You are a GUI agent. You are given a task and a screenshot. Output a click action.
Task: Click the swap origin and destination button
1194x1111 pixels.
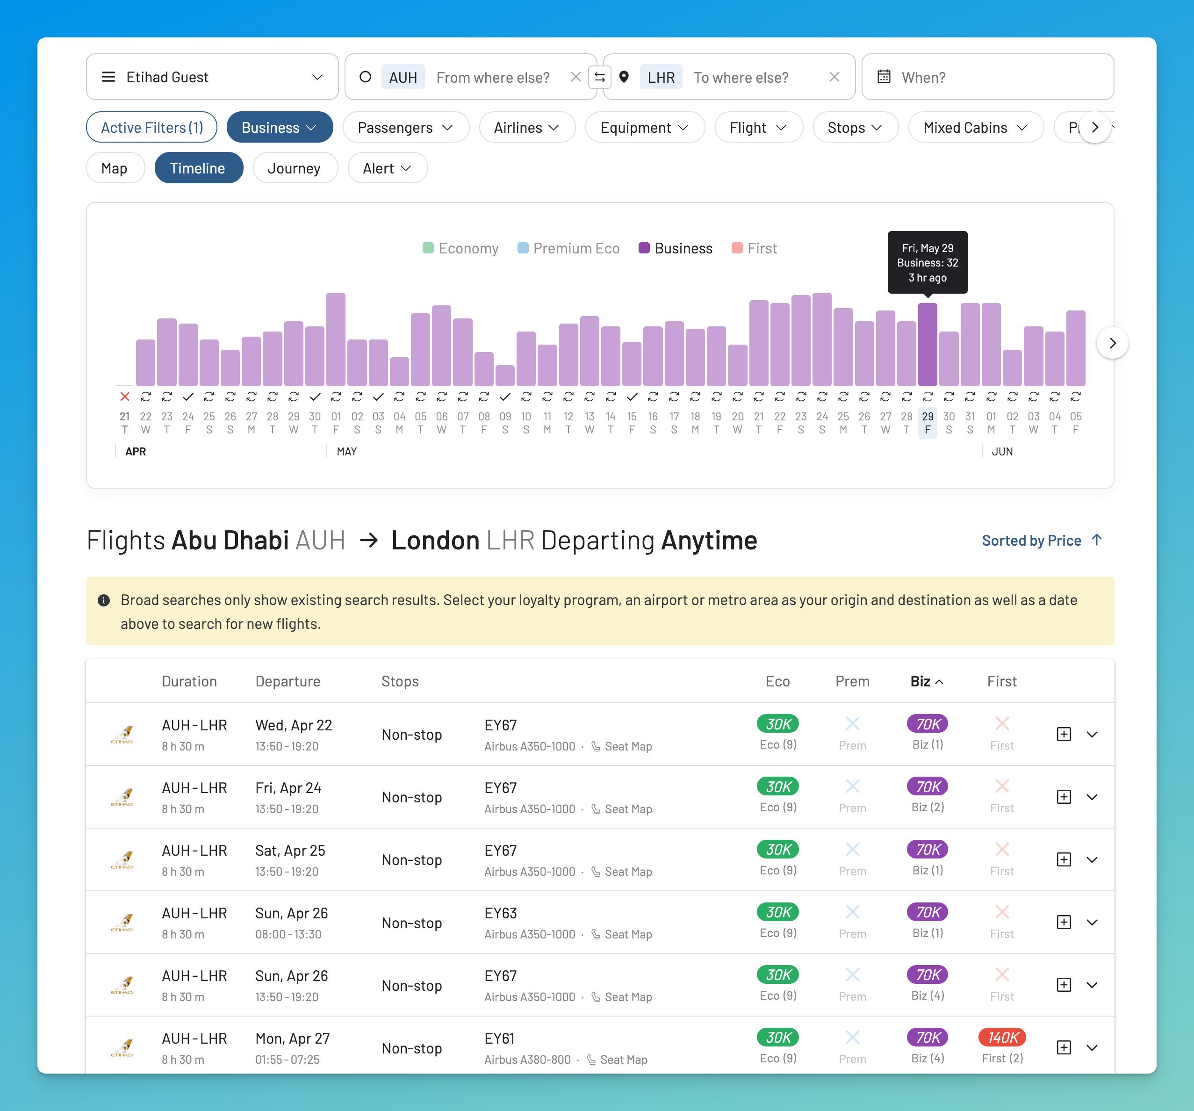599,77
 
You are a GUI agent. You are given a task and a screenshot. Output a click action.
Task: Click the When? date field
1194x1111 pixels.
987,77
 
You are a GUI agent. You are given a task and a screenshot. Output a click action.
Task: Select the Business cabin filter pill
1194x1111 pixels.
279,127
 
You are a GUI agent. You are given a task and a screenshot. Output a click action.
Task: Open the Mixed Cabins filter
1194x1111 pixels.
975,127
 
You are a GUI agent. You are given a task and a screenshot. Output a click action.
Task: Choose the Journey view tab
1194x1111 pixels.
295,168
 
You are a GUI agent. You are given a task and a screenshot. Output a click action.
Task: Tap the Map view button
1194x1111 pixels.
114,168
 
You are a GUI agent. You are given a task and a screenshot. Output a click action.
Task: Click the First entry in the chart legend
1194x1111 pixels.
755,248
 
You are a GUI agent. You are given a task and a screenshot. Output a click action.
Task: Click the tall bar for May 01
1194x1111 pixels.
336,339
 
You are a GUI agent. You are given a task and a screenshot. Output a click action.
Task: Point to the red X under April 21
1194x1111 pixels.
124,397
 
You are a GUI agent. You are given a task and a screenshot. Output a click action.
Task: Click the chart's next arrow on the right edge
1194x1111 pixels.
1112,343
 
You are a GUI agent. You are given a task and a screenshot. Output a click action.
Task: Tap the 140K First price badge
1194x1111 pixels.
1001,1037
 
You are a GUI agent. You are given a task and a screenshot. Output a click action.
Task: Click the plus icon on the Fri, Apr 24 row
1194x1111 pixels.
1063,797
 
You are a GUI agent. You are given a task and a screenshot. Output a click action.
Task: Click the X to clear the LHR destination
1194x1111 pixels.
834,77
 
